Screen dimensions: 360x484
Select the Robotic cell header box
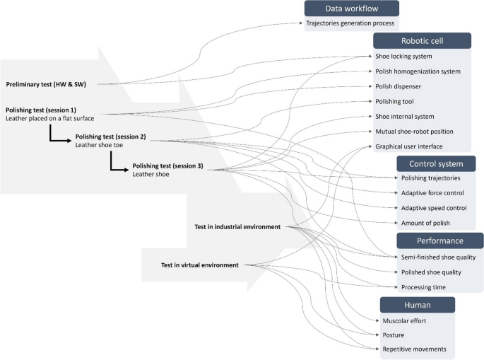click(x=422, y=40)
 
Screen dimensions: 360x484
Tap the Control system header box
click(x=435, y=164)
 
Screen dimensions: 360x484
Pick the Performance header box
click(x=439, y=240)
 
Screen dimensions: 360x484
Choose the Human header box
click(x=417, y=305)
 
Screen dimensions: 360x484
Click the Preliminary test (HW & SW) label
click(x=49, y=85)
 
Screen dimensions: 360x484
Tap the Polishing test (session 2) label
click(x=110, y=136)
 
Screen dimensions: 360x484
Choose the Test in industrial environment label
click(x=237, y=227)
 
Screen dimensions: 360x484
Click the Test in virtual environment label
click(x=200, y=265)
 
